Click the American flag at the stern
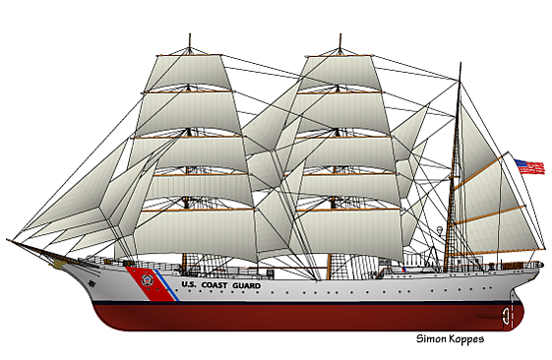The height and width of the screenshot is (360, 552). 529,166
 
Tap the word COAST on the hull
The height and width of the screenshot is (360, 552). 215,285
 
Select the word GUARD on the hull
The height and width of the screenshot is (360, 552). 246,286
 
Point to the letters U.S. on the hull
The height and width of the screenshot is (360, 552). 189,284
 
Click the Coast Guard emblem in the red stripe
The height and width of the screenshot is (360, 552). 147,280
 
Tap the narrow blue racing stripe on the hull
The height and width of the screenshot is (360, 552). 166,285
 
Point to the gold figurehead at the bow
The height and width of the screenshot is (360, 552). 57,263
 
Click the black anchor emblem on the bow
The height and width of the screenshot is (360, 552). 92,282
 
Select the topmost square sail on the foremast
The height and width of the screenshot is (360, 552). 188,73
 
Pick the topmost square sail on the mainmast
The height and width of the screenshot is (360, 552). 340,73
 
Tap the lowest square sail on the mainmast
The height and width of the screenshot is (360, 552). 349,233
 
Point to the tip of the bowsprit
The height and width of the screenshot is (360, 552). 7,240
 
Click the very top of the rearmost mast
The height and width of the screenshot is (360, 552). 460,63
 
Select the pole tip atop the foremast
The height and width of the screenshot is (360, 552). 190,34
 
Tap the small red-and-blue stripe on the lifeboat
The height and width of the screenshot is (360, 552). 404,270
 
